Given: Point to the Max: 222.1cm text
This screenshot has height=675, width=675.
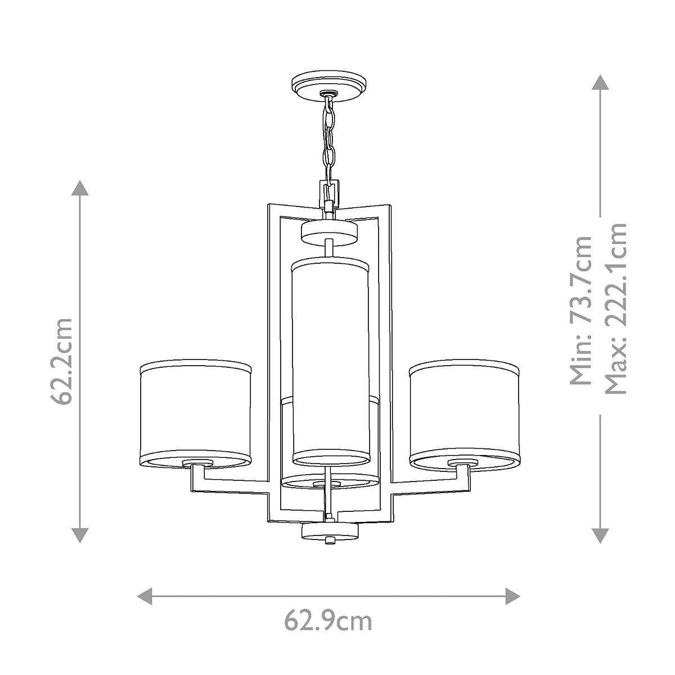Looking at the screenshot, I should coord(615,308).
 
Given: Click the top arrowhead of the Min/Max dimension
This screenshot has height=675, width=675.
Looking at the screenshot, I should coord(601,83).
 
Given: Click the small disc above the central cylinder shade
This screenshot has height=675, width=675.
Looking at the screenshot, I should coord(330,231).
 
